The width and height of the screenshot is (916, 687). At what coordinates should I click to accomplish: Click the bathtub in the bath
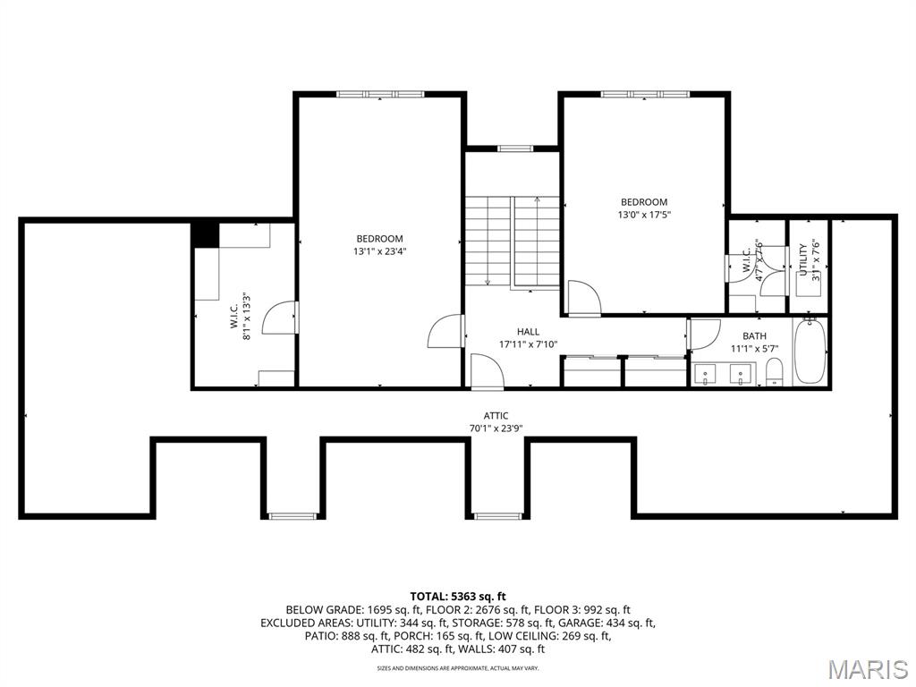pos(809,352)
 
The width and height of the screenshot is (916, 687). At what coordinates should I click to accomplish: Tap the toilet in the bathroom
pos(775,371)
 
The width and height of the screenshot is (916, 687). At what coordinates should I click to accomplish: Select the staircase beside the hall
pos(512,242)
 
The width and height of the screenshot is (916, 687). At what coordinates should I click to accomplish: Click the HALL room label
pos(528,332)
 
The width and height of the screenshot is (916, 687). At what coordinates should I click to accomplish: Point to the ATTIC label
pos(496,416)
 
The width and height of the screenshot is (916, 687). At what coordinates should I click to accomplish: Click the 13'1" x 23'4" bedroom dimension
pos(379,251)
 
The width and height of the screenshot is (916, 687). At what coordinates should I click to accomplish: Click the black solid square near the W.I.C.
pos(206,235)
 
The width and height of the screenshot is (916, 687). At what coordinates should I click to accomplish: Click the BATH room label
pos(754,336)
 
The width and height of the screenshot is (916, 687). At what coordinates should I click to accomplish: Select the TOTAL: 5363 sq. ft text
pos(458,596)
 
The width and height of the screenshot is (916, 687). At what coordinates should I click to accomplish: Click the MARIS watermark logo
pos(867,669)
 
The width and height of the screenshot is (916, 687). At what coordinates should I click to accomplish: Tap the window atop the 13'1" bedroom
pos(380,94)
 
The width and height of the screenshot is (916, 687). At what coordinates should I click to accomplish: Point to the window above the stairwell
pos(515,148)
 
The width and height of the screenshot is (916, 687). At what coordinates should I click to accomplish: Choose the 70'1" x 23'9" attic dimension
pos(496,428)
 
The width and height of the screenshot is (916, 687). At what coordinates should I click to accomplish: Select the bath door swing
pos(703,334)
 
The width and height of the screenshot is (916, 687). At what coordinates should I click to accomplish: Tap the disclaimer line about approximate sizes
pos(458,668)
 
